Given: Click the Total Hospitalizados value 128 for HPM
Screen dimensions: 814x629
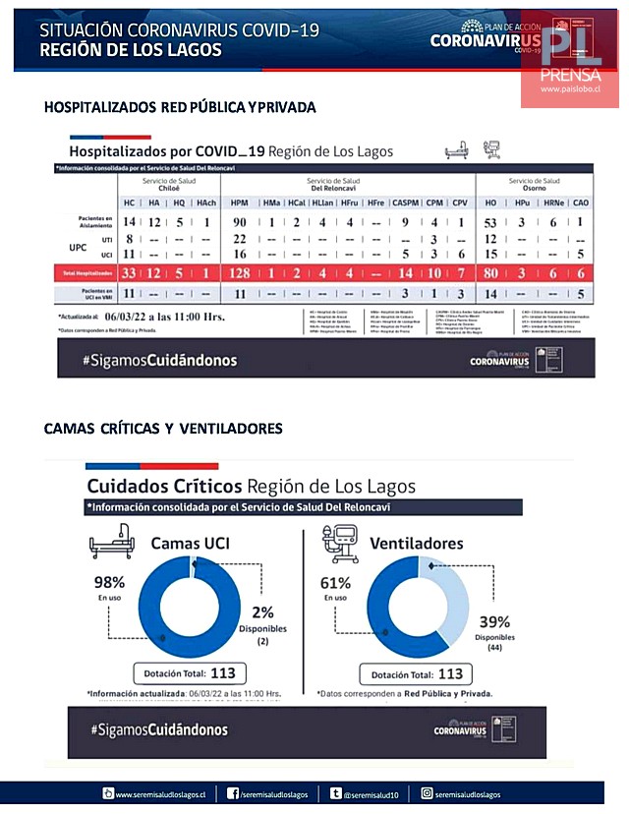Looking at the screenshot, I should [240, 271].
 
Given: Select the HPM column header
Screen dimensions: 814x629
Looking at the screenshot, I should [240, 203].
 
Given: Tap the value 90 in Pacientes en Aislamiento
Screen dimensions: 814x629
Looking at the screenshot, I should [240, 222].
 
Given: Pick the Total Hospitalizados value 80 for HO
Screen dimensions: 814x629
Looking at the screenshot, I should [491, 271].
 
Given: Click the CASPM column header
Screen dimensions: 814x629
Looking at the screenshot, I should [404, 203].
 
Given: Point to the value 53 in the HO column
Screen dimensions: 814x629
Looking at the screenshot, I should [491, 222].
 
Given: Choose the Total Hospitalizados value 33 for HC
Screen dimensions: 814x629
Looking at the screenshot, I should [129, 271].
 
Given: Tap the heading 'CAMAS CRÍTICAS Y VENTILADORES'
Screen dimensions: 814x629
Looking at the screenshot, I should [163, 428].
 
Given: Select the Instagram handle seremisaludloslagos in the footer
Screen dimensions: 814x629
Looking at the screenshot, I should [467, 793].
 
